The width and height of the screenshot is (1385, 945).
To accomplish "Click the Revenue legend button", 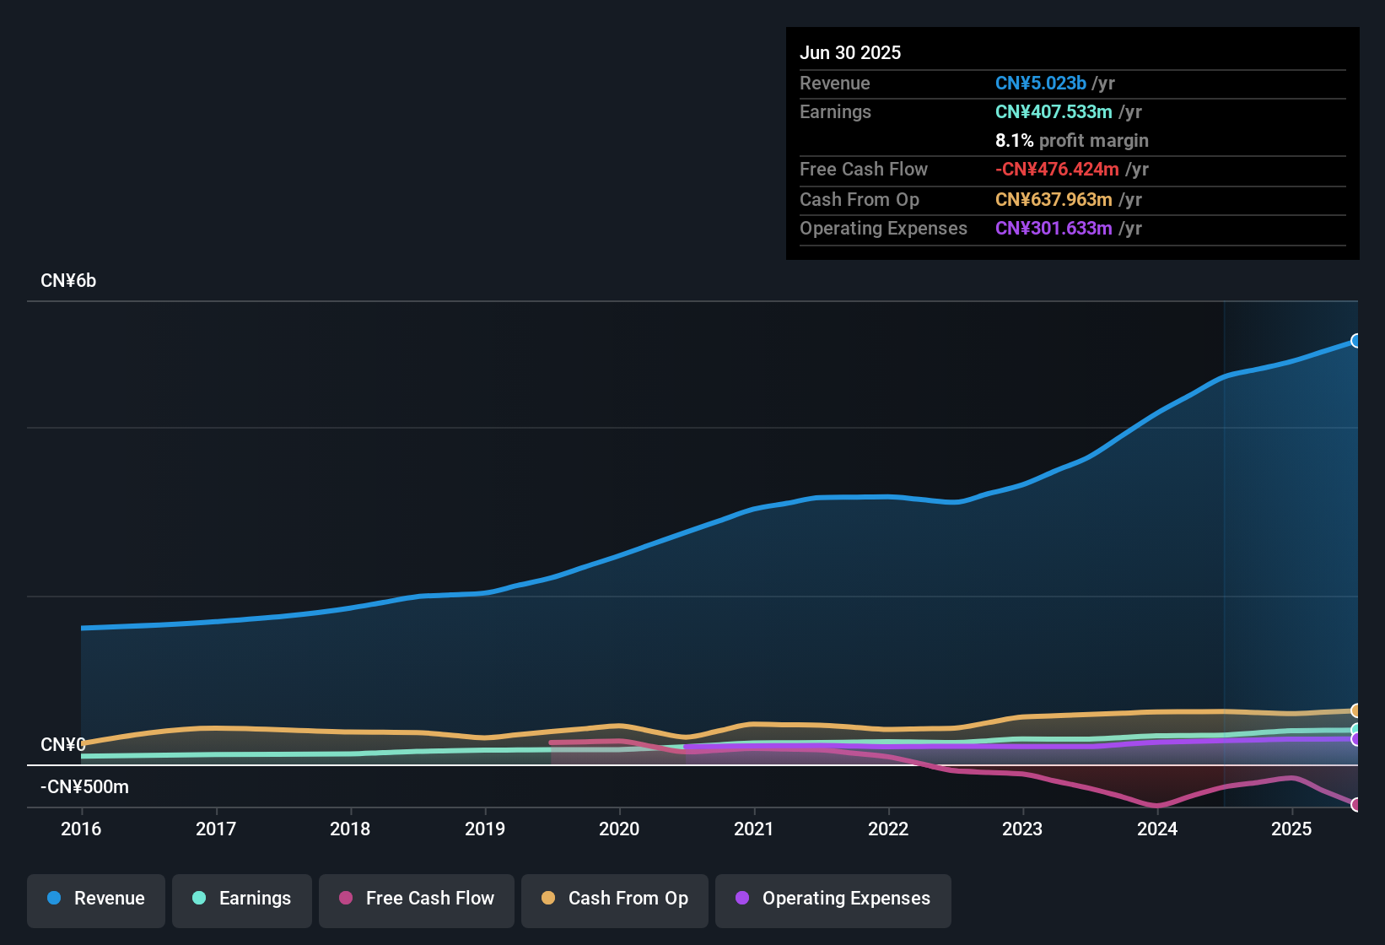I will pyautogui.click(x=96, y=899).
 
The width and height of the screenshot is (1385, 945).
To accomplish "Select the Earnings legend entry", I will pyautogui.click(x=242, y=899).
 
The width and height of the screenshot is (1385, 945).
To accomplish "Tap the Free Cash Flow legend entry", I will pyautogui.click(x=417, y=899).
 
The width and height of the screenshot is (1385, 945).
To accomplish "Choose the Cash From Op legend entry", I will pyautogui.click(x=615, y=899).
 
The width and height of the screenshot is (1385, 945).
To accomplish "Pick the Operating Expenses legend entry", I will pyautogui.click(x=833, y=899).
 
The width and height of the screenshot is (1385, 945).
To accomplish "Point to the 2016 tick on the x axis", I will pyautogui.click(x=81, y=829).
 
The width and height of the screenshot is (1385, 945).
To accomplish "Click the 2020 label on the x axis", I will pyautogui.click(x=619, y=829).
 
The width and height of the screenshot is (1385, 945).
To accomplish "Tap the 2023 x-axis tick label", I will pyautogui.click(x=1022, y=829).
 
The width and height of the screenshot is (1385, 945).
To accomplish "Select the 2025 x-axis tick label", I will pyautogui.click(x=1291, y=829).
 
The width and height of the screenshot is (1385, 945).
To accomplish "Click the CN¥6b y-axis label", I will pyautogui.click(x=68, y=281).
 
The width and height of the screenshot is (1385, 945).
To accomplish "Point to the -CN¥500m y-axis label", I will pyautogui.click(x=84, y=787).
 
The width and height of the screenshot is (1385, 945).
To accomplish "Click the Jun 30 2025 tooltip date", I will pyautogui.click(x=850, y=52).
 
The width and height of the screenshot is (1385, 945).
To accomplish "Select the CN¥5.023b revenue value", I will pyautogui.click(x=1040, y=83).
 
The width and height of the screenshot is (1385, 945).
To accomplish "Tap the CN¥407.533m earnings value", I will pyautogui.click(x=1054, y=111).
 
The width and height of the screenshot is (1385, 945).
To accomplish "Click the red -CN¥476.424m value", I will pyautogui.click(x=1057, y=169).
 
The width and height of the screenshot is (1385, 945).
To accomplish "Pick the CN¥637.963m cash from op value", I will pyautogui.click(x=1054, y=199).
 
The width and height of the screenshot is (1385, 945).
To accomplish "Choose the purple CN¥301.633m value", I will pyautogui.click(x=1054, y=228).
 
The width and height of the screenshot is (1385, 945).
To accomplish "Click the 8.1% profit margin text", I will pyautogui.click(x=1071, y=140).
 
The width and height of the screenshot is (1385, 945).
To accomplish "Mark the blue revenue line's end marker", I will pyautogui.click(x=1356, y=341).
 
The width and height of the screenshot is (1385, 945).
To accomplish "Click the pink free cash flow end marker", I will pyautogui.click(x=1356, y=804).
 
